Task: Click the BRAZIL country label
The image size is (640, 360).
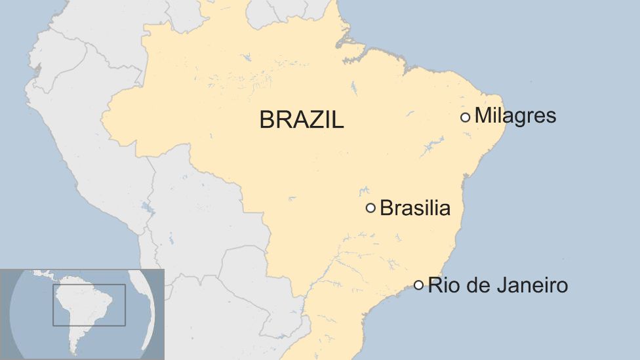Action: (302, 120)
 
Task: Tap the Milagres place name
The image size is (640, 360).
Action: (515, 116)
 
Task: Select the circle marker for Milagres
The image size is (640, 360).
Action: (465, 117)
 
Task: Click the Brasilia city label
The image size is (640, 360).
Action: (415, 208)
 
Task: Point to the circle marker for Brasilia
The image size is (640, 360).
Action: (370, 208)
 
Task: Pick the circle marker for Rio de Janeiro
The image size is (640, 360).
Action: (418, 285)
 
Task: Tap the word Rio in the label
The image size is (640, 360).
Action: (441, 285)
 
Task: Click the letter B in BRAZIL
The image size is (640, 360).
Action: (268, 120)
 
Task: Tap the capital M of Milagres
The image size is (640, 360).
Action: (482, 116)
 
